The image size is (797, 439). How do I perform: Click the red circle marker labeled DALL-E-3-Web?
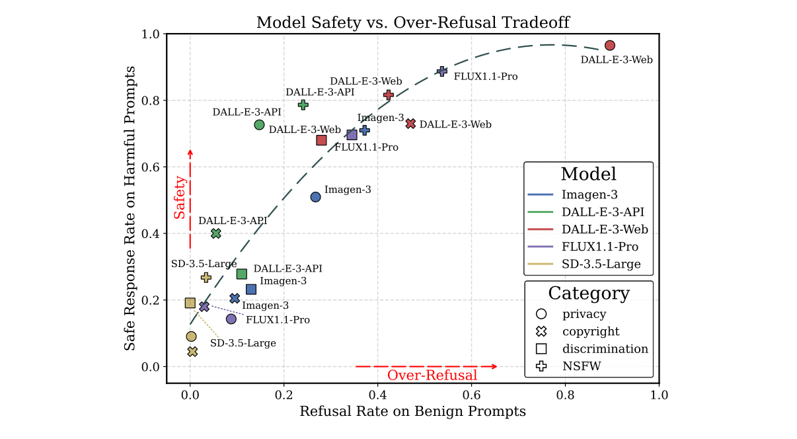tap(609, 45)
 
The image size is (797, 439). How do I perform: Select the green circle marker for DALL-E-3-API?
tap(259, 124)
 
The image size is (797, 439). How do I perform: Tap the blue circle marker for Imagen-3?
tap(315, 197)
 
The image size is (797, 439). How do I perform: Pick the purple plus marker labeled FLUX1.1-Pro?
tap(442, 71)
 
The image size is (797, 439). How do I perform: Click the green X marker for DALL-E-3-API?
tap(215, 233)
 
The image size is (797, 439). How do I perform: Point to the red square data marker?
tap(321, 140)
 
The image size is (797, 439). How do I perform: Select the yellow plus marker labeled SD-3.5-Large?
tap(206, 278)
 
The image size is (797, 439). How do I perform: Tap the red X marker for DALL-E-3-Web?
tap(410, 124)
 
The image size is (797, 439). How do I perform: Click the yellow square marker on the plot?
tap(190, 303)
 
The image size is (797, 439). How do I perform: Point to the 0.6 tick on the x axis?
tap(471, 395)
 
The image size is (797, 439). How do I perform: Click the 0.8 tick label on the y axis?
tap(151, 100)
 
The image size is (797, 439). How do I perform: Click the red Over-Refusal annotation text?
tap(432, 376)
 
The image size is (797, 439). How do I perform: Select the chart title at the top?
tap(412, 22)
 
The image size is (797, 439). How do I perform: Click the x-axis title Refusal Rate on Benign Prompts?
tap(412, 412)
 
